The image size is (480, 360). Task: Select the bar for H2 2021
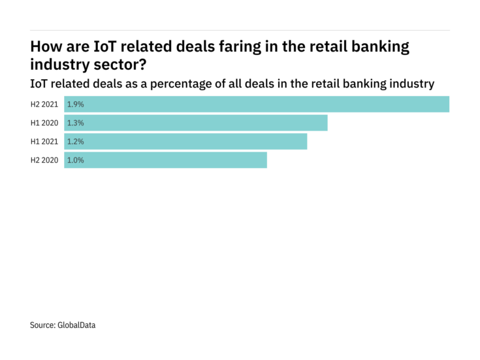click(x=257, y=105)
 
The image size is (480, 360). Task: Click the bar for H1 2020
click(x=196, y=123)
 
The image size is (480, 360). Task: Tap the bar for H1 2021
click(x=185, y=141)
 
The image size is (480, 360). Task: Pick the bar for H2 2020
click(x=165, y=160)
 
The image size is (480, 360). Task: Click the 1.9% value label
click(x=75, y=105)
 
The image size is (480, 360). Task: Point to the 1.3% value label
click(x=75, y=123)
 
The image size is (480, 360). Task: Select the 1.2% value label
click(x=75, y=141)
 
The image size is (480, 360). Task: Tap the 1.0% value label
click(x=75, y=160)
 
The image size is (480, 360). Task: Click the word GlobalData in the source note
click(x=76, y=325)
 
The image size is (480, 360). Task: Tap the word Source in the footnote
click(x=41, y=325)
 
